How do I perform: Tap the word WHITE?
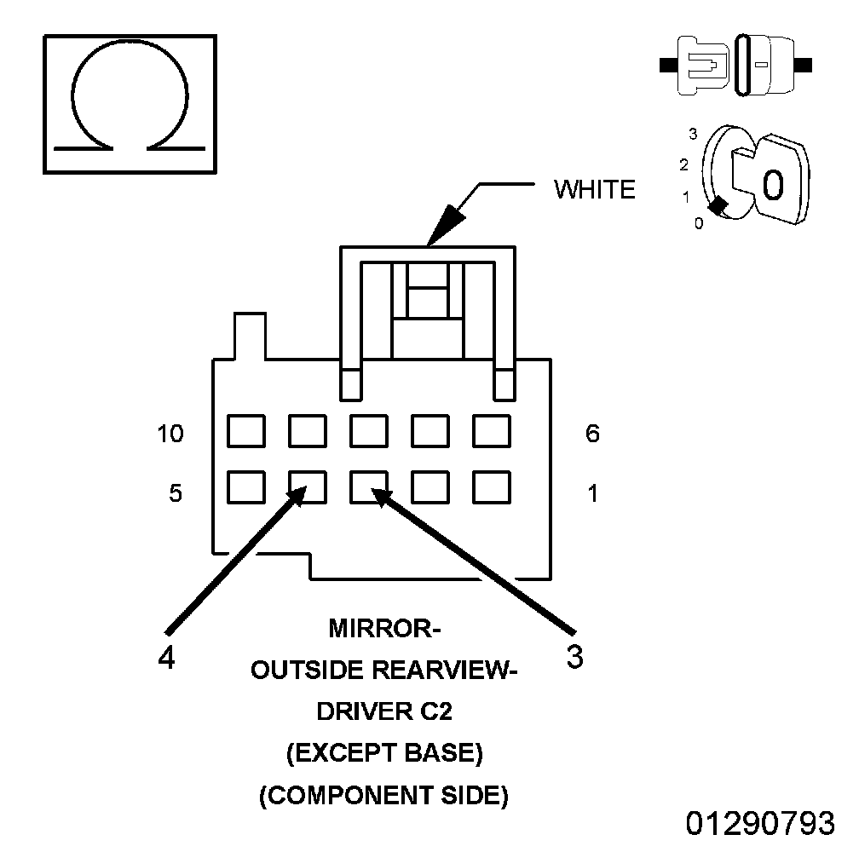(x=594, y=189)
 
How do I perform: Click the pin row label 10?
(x=170, y=434)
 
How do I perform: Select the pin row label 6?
(x=592, y=434)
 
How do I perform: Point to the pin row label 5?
(x=175, y=493)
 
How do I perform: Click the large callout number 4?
(x=167, y=658)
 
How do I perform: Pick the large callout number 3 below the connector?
(x=575, y=658)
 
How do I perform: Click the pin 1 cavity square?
(x=492, y=488)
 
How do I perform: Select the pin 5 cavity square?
(x=245, y=488)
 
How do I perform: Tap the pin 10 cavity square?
(x=245, y=431)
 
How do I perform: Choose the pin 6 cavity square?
(x=492, y=431)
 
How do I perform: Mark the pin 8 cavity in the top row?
(x=369, y=431)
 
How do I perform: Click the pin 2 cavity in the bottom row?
(x=430, y=488)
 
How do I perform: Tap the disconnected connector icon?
(x=736, y=65)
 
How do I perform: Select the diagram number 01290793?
(x=760, y=824)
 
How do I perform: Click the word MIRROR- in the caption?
(x=384, y=630)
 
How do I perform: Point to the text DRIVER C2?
(x=384, y=712)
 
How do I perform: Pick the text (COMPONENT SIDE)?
(x=384, y=796)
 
